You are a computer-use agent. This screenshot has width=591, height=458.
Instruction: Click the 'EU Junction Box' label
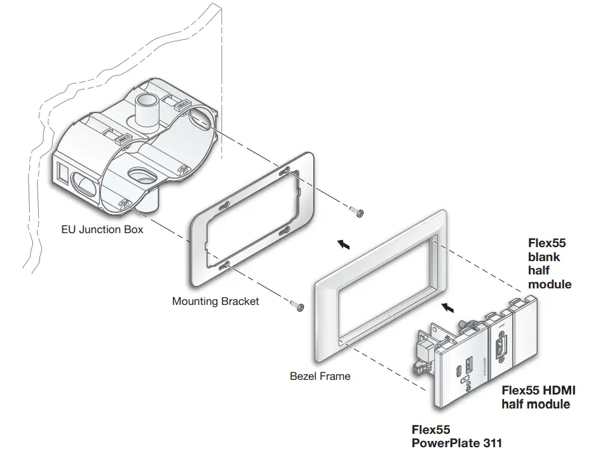click(102, 229)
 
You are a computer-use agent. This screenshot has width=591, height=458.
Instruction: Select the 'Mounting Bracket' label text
click(215, 301)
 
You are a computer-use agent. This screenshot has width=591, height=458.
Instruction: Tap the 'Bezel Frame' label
click(320, 375)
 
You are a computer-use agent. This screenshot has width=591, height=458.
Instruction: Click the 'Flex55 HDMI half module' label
click(538, 397)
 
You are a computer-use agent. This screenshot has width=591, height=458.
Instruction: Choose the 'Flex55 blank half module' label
click(550, 263)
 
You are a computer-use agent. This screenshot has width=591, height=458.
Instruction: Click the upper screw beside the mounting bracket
click(357, 212)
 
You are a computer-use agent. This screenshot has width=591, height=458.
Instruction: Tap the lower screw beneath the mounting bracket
click(297, 307)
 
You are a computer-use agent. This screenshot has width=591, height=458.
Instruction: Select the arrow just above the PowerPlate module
click(449, 308)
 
